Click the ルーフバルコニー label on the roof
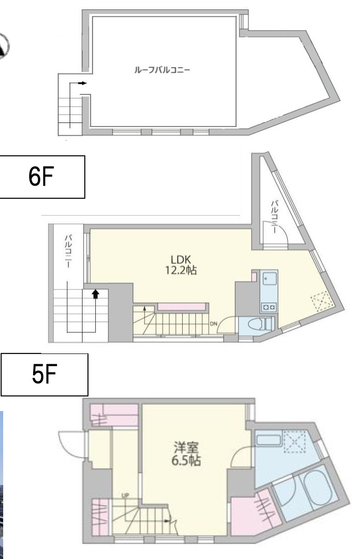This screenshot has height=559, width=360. (162, 70)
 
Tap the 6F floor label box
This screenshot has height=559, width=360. (42, 177)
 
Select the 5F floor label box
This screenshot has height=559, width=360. (44, 375)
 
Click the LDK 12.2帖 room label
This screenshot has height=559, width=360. (181, 265)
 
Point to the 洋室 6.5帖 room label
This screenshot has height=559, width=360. (186, 454)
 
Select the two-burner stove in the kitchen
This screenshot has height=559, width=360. (269, 307)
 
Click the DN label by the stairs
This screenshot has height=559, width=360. (214, 324)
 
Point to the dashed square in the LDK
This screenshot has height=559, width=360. (322, 301)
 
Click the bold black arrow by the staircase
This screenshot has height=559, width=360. (96, 294)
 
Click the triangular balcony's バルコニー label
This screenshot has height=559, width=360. (274, 216)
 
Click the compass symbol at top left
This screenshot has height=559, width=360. (3, 46)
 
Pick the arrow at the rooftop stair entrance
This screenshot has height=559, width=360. (82, 83)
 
